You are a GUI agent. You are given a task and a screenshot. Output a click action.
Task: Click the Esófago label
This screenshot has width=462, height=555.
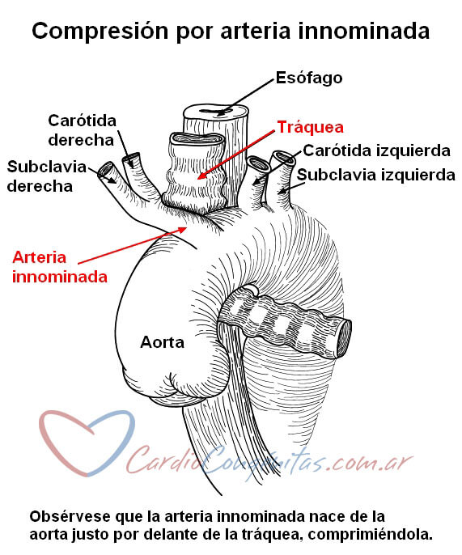[x=309, y=78]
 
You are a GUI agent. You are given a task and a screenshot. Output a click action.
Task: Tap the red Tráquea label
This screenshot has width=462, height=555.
[x=311, y=127]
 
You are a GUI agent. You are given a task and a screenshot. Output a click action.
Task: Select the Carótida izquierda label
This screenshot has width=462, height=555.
[x=377, y=150]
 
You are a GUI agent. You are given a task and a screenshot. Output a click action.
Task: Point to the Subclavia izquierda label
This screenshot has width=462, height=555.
[x=376, y=175]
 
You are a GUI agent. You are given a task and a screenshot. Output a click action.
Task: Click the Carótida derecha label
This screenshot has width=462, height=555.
[x=83, y=130]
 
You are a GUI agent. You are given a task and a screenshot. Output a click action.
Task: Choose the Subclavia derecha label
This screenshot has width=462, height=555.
[x=47, y=176]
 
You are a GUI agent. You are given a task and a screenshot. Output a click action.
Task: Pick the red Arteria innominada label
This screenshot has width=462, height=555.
[x=60, y=267]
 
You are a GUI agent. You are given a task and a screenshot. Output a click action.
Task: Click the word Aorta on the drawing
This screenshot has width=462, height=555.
[x=162, y=342]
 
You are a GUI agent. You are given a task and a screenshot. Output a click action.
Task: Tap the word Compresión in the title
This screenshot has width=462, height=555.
[x=100, y=31]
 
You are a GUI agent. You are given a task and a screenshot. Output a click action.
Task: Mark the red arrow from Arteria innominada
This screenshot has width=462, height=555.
[x=132, y=245]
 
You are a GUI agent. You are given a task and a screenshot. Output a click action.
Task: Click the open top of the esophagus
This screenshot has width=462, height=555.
[x=215, y=112]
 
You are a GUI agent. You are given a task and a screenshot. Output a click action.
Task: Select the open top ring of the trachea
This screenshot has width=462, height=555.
[x=197, y=139]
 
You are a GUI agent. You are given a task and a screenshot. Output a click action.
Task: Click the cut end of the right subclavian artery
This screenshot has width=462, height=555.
[x=105, y=170]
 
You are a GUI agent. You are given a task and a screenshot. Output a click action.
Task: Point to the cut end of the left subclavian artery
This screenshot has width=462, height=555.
[x=283, y=158]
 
